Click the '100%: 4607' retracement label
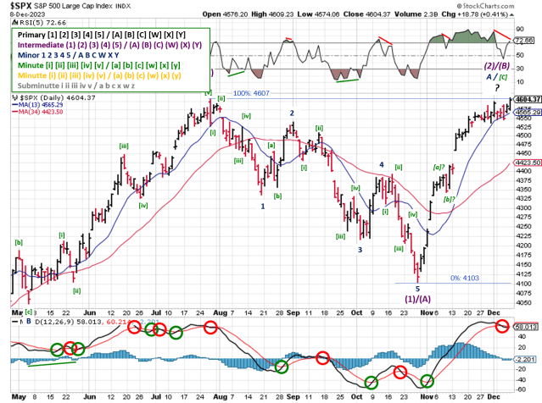(x=249, y=93)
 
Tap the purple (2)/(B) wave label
(x=495, y=65)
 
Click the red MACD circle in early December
(x=502, y=326)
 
